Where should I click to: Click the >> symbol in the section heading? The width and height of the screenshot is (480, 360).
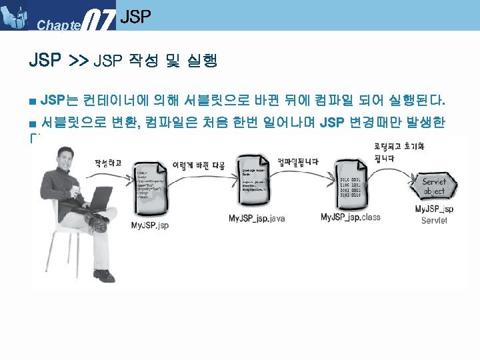point(78,61)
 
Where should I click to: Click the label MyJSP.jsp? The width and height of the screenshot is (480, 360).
point(150,225)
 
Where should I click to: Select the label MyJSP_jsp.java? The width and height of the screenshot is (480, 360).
point(257,219)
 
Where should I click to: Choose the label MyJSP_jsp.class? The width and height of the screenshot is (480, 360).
point(351,217)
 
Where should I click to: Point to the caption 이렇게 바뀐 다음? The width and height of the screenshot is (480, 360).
point(199,163)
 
